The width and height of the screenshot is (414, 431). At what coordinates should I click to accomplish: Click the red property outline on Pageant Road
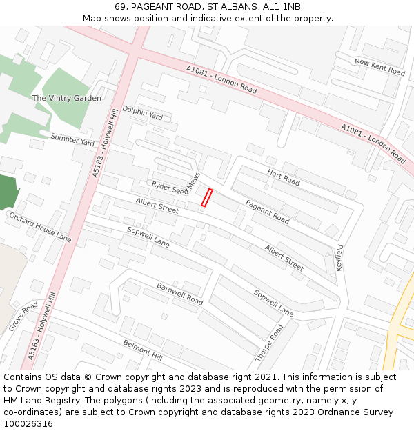pyautogui.click(x=206, y=197)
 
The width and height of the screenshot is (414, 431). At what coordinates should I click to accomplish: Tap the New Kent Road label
pyautogui.click(x=379, y=67)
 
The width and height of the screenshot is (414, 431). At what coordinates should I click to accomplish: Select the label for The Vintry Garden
pyautogui.click(x=66, y=98)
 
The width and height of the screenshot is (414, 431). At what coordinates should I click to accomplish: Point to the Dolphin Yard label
pyautogui.click(x=142, y=113)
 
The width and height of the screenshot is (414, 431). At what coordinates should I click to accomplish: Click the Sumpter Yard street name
pyautogui.click(x=72, y=140)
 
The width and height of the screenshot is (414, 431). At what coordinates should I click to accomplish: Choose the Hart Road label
pyautogui.click(x=283, y=177)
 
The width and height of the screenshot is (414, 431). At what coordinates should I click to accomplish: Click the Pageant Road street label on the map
pyautogui.click(x=267, y=212)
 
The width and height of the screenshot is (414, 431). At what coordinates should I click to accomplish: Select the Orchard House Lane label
pyautogui.click(x=39, y=227)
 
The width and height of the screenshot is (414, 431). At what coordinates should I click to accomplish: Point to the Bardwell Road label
pyautogui.click(x=179, y=294)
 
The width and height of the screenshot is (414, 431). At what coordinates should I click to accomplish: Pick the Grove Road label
pyautogui.click(x=23, y=317)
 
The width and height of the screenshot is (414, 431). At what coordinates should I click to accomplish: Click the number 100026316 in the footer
pyautogui.click(x=28, y=424)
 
